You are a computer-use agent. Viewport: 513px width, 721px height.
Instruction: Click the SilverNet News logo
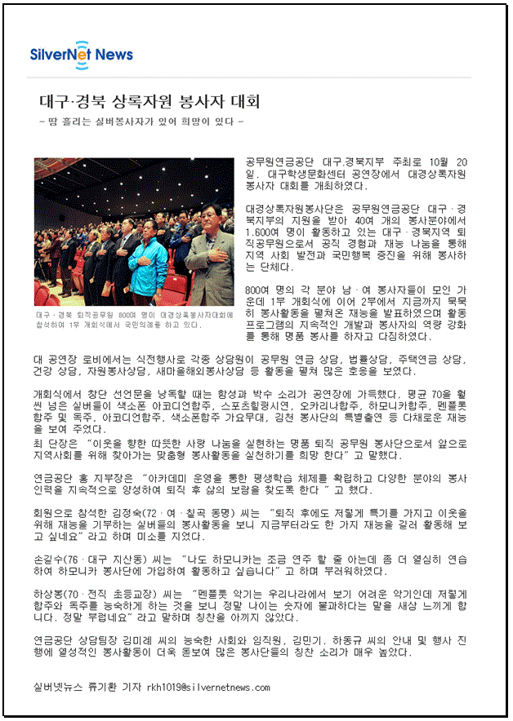click(82, 54)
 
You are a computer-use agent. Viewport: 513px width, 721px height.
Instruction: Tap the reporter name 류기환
click(104, 688)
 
